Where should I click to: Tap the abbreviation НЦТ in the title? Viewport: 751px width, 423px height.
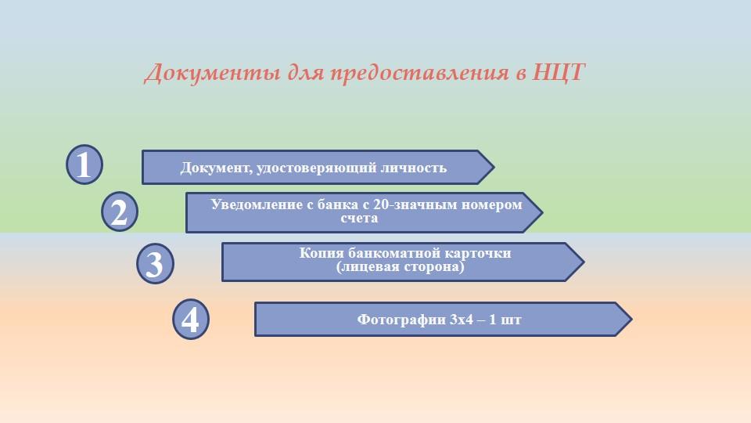[x=558, y=72]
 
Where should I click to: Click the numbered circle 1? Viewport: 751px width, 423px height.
[x=84, y=164]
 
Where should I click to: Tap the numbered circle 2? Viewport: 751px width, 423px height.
[x=120, y=211]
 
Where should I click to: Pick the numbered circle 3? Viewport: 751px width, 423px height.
[x=155, y=263]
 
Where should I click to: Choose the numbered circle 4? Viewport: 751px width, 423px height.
[x=191, y=320]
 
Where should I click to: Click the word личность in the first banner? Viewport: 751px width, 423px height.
[x=413, y=168]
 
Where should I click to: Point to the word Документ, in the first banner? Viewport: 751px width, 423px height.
[x=217, y=168]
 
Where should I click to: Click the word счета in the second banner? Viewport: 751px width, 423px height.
[x=359, y=219]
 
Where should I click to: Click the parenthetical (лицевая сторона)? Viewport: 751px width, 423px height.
[x=401, y=266]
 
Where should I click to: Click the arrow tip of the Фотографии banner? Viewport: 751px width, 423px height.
[x=632, y=319]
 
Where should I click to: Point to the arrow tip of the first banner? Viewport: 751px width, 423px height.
[x=494, y=167]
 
